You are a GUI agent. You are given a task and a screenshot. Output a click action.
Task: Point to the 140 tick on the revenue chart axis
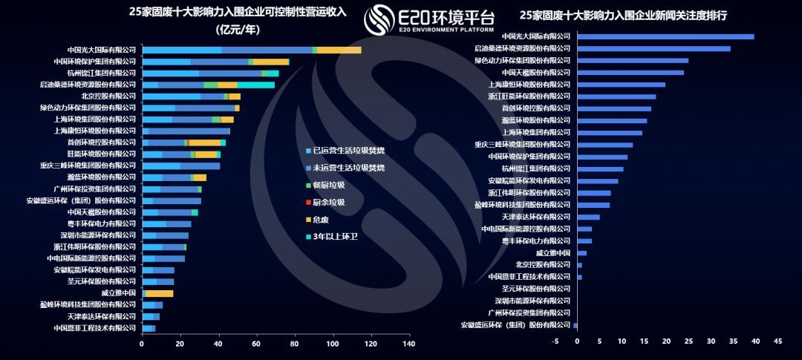408,344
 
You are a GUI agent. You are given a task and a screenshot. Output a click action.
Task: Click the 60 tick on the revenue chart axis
256,344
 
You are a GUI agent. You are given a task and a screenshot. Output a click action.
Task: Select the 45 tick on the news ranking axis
777,341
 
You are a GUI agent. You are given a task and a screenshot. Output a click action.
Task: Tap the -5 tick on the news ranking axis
555,341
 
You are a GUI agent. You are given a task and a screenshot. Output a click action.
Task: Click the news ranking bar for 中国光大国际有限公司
665,36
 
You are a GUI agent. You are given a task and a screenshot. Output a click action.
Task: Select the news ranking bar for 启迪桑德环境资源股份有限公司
653,48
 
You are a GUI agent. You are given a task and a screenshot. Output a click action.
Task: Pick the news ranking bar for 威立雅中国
581,253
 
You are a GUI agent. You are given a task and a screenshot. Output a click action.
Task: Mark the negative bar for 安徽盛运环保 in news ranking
576,325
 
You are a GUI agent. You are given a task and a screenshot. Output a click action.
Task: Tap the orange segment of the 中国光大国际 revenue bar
339,50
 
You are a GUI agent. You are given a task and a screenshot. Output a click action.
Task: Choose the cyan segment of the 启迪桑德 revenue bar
256,85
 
